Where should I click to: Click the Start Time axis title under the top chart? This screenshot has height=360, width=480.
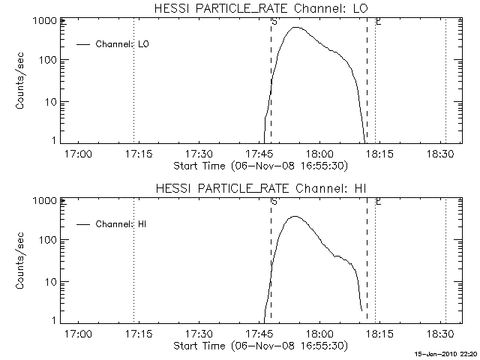(259, 166)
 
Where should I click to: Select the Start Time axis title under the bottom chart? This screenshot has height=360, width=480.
(259, 346)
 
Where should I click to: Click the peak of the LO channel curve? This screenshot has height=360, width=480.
(296, 28)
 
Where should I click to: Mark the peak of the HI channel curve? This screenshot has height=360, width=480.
(294, 217)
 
